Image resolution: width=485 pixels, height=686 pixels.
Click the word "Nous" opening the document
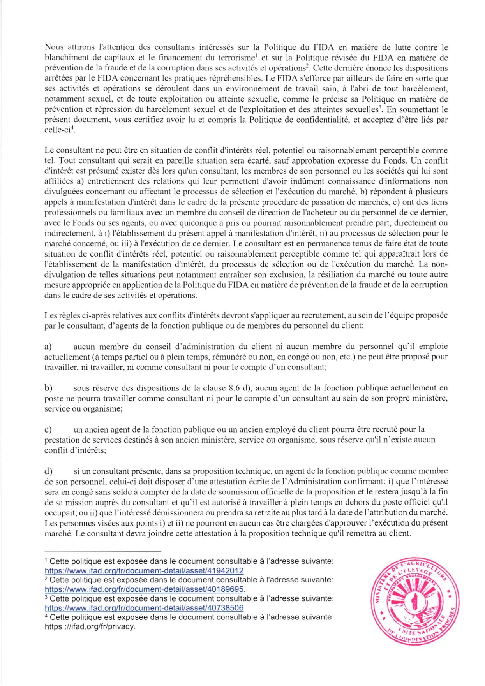pyautogui.click(x=54, y=47)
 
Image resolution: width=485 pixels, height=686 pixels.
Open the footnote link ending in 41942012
pyautogui.click(x=144, y=571)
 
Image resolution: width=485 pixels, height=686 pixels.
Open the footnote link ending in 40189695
pyautogui.click(x=144, y=589)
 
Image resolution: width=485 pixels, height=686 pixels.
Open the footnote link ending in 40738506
pyautogui.click(x=144, y=608)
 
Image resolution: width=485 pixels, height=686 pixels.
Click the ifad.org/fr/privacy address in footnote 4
pyautogui.click(x=90, y=626)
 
